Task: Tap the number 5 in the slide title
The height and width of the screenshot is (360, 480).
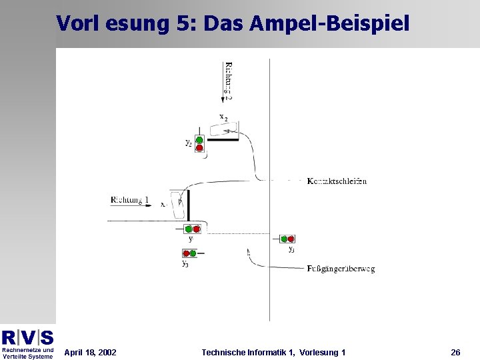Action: pyautogui.click(x=187, y=23)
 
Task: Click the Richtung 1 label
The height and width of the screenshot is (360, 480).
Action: pyautogui.click(x=130, y=199)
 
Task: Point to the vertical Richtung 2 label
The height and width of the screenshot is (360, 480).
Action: pyautogui.click(x=229, y=81)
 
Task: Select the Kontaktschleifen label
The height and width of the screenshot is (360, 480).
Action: pyautogui.click(x=337, y=181)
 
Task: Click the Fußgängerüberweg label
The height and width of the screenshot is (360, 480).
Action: pyautogui.click(x=341, y=269)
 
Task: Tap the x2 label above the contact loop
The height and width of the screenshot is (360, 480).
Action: pyautogui.click(x=223, y=118)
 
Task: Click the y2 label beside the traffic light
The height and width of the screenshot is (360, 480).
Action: pyautogui.click(x=188, y=143)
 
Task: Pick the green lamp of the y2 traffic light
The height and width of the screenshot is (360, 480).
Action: pyautogui.click(x=199, y=140)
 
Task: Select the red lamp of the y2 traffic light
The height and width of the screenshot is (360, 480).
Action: pyautogui.click(x=199, y=148)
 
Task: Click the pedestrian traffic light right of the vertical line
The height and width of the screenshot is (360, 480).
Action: pyautogui.click(x=287, y=239)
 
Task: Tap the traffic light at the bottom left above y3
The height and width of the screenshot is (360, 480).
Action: pyautogui.click(x=190, y=253)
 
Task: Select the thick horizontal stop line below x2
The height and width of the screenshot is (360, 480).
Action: pyautogui.click(x=224, y=140)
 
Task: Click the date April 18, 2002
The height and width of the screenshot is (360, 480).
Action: pyautogui.click(x=90, y=352)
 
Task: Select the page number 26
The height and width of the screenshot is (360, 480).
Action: pyautogui.click(x=455, y=352)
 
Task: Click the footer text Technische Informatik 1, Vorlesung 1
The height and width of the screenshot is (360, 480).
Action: pyautogui.click(x=273, y=352)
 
